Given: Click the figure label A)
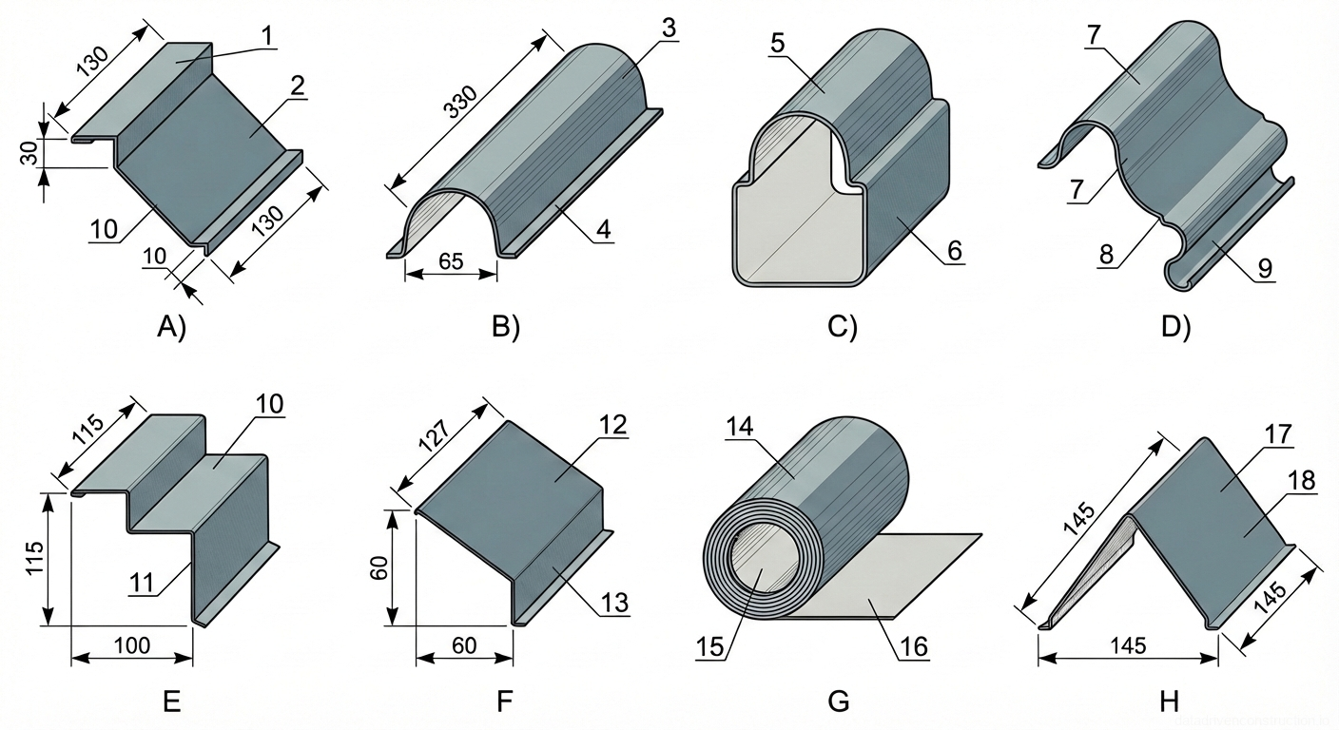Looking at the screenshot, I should [x=171, y=327].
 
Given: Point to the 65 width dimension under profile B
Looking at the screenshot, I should [x=451, y=260].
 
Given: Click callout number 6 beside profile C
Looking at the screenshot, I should [x=954, y=251].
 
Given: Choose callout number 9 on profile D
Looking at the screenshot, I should [x=1264, y=269].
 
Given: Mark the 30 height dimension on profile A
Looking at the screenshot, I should [x=28, y=152].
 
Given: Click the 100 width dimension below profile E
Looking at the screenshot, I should [x=131, y=647].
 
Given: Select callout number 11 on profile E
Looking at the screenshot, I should [x=141, y=583].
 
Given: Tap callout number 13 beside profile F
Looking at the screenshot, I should [x=614, y=602].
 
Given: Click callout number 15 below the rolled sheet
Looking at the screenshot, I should [x=711, y=647].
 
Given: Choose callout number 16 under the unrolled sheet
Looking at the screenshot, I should [x=914, y=647].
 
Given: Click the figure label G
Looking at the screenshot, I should [x=838, y=702].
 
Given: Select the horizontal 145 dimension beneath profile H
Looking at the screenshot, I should [x=1127, y=645].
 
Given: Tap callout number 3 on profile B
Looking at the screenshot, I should [x=668, y=29].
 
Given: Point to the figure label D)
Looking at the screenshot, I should [x=1175, y=327].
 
